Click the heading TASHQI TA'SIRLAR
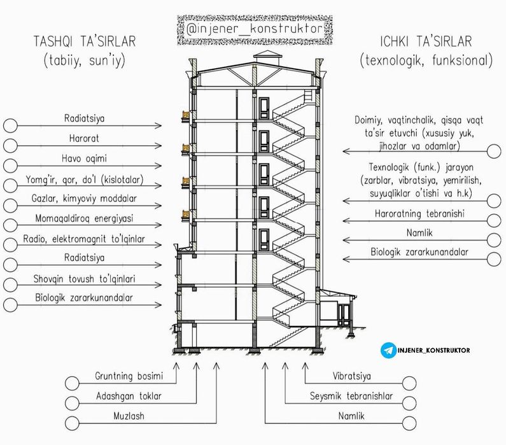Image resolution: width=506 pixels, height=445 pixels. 84,42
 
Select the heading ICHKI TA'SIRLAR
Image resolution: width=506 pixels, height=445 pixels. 426,42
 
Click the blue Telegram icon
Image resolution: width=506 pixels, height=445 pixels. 388,350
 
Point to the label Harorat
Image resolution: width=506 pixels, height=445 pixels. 85,138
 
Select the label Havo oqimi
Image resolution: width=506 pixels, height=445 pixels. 85,158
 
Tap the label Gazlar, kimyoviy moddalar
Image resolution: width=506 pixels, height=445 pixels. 85,199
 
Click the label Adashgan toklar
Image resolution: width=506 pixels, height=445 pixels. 129,396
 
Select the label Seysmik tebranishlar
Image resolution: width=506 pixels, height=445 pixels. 351,396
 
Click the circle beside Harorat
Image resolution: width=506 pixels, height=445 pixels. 10,145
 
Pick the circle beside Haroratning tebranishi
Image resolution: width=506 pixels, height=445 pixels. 494,220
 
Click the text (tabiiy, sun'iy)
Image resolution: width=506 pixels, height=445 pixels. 84,62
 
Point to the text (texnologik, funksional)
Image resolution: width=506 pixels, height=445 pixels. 426,62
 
